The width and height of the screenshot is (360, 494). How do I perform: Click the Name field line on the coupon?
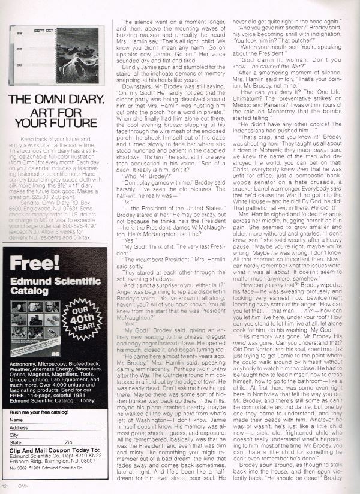(x=60, y=420)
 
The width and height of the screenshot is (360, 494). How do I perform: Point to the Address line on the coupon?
(x=60, y=428)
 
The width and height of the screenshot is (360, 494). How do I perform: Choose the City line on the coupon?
(x=60, y=435)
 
